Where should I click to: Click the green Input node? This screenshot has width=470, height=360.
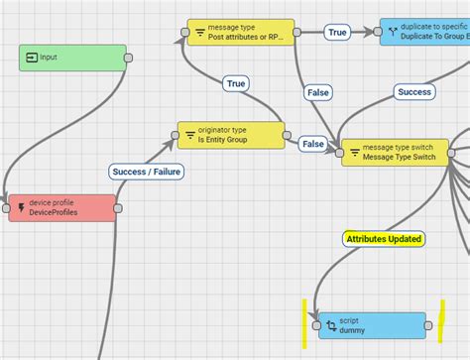[x=72, y=58]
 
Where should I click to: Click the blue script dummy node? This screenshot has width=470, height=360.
[x=367, y=324]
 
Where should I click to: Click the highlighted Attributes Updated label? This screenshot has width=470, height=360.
[x=384, y=239]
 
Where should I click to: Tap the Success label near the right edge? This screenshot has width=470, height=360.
[x=414, y=92]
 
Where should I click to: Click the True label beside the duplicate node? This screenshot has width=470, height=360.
[x=337, y=33]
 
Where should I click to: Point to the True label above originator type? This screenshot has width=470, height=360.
[x=235, y=84]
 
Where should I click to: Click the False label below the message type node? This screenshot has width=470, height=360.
[x=317, y=92]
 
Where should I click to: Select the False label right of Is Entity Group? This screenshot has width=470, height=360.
[x=312, y=144]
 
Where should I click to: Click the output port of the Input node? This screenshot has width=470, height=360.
[x=128, y=58]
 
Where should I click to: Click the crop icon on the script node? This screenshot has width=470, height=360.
[x=329, y=324]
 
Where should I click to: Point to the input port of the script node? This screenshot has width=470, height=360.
[x=315, y=324]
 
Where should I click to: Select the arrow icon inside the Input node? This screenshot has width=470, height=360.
[x=31, y=58]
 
